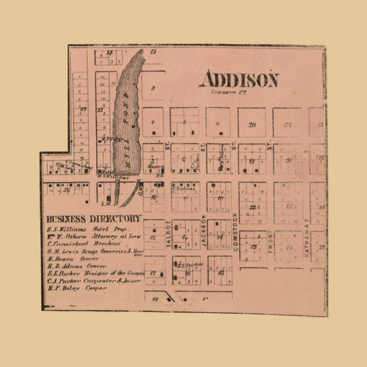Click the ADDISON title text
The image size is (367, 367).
239,79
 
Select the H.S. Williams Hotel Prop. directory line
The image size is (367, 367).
80,230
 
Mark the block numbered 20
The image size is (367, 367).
252,125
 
